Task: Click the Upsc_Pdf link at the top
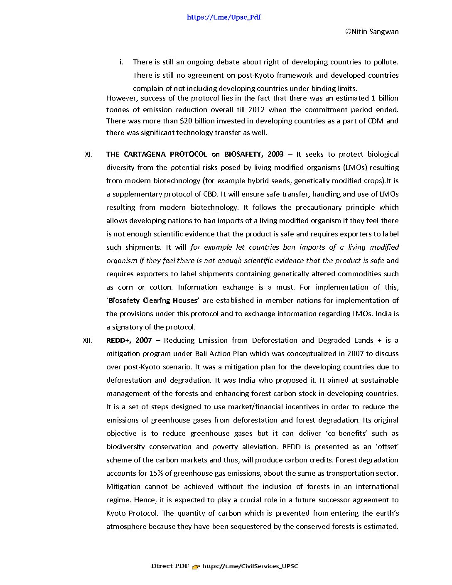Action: (x=224, y=17)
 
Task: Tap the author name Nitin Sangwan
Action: (x=372, y=32)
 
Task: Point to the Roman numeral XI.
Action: (x=88, y=154)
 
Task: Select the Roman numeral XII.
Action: (x=88, y=340)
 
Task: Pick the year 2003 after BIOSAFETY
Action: (x=275, y=154)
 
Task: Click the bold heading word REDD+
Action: (x=119, y=340)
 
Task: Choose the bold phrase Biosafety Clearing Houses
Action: (x=153, y=300)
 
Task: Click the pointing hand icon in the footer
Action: (x=196, y=566)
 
